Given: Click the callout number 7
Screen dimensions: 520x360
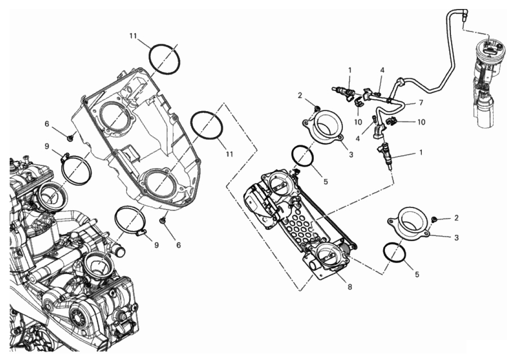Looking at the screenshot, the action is tap(421, 103).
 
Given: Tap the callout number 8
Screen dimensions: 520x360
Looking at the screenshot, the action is tap(350, 287).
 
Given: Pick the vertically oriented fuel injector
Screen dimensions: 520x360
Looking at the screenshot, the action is tap(385, 156).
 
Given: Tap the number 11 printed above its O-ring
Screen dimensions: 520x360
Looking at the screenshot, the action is tap(133, 36).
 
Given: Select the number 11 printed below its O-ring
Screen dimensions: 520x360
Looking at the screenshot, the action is tap(229, 154).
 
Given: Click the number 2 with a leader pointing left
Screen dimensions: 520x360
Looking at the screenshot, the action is tap(456, 218).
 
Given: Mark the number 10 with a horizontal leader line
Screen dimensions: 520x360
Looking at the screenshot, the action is tap(421, 122).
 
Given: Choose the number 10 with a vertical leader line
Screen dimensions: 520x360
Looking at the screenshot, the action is tap(358, 122).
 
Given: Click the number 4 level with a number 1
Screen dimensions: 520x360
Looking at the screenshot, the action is tap(382, 70).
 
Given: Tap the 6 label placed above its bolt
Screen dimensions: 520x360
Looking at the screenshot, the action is tap(47, 124).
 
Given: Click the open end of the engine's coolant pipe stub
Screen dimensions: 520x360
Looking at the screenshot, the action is tap(121, 252).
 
